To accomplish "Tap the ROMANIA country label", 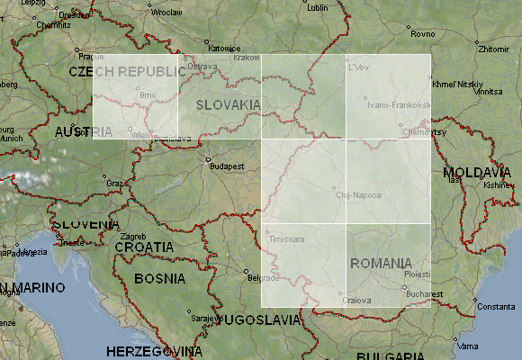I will click(x=381, y=264).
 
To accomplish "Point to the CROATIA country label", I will click(x=143, y=246).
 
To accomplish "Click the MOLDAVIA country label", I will click(x=477, y=171).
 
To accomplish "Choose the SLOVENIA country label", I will click(x=85, y=224).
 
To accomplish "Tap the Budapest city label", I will click(x=227, y=166).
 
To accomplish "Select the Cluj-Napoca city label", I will click(x=357, y=195).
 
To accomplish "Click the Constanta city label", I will click(x=497, y=307).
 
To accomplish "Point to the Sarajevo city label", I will click(x=205, y=319).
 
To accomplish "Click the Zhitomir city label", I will click(x=495, y=49).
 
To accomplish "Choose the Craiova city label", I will click(x=361, y=301).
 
